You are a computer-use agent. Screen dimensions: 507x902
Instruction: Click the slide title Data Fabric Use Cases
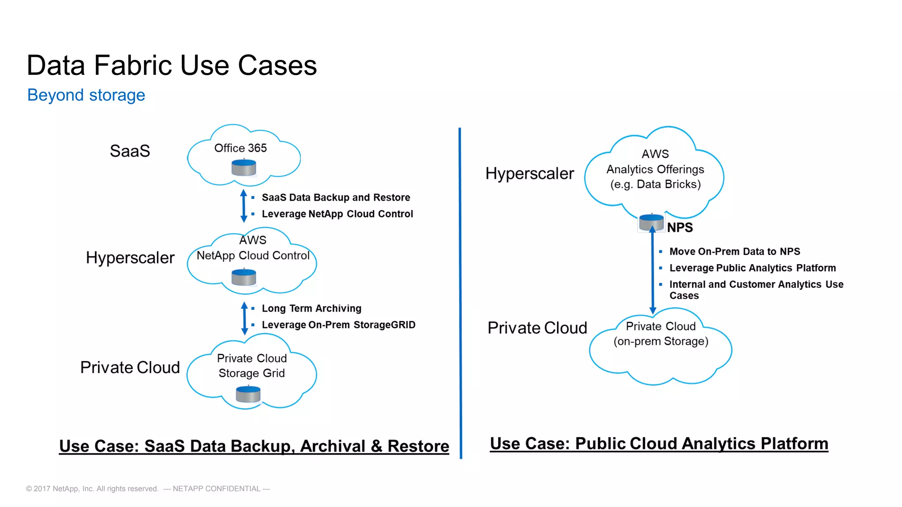[171, 66]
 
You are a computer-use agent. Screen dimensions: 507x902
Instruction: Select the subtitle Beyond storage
[86, 95]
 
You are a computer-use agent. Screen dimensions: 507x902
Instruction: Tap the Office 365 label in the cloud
[240, 148]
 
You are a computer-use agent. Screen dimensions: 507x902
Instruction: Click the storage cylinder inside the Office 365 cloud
[244, 168]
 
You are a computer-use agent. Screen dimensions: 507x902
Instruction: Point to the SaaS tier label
[129, 151]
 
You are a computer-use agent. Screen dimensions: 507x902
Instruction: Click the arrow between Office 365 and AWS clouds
[244, 206]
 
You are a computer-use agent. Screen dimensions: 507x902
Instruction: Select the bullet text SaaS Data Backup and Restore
[336, 198]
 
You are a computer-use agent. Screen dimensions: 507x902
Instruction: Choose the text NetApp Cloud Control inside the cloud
[253, 256]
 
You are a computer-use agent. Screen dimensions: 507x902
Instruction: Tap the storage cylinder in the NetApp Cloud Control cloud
[244, 278]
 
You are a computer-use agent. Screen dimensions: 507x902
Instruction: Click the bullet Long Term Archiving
[311, 309]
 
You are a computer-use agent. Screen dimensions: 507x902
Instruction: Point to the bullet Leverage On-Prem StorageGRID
[338, 325]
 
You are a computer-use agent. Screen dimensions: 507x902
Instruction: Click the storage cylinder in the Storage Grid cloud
[248, 394]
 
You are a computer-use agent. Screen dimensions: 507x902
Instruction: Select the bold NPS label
[680, 228]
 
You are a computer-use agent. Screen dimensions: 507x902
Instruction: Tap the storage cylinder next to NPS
[651, 223]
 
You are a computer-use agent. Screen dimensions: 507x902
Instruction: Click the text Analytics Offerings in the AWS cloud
[655, 169]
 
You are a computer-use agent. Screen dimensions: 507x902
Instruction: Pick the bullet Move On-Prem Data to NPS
[734, 252]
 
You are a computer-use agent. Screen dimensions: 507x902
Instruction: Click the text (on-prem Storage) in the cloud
[661, 342]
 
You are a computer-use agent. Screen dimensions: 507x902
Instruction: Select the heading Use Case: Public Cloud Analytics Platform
[659, 444]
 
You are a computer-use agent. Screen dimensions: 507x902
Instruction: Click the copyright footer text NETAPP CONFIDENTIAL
[216, 489]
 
